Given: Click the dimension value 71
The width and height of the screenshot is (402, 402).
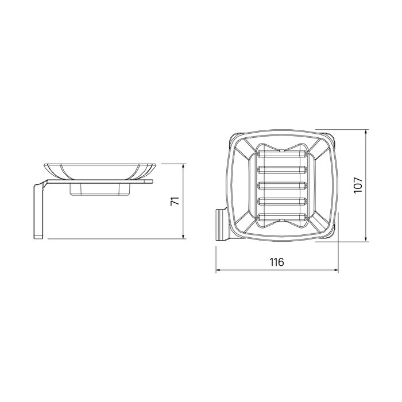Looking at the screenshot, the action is pyautogui.click(x=175, y=201).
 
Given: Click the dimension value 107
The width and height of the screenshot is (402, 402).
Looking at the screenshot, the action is pyautogui.click(x=358, y=185).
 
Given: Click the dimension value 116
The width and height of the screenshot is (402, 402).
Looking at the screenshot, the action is pyautogui.click(x=277, y=262).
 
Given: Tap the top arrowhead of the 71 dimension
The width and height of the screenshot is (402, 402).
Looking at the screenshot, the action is pyautogui.click(x=183, y=167).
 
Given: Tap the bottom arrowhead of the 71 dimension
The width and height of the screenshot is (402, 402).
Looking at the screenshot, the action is pyautogui.click(x=183, y=236).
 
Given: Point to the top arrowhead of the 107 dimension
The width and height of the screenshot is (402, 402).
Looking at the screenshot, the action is pyautogui.click(x=366, y=132).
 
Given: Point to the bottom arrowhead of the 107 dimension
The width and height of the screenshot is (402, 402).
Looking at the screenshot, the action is pyautogui.click(x=366, y=238).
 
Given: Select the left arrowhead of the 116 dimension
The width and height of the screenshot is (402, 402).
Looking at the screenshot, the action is pyautogui.click(x=218, y=270).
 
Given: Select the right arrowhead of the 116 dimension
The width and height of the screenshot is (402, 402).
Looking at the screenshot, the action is pyautogui.click(x=335, y=270).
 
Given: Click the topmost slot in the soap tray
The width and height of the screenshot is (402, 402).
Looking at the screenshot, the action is pyautogui.click(x=282, y=154).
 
